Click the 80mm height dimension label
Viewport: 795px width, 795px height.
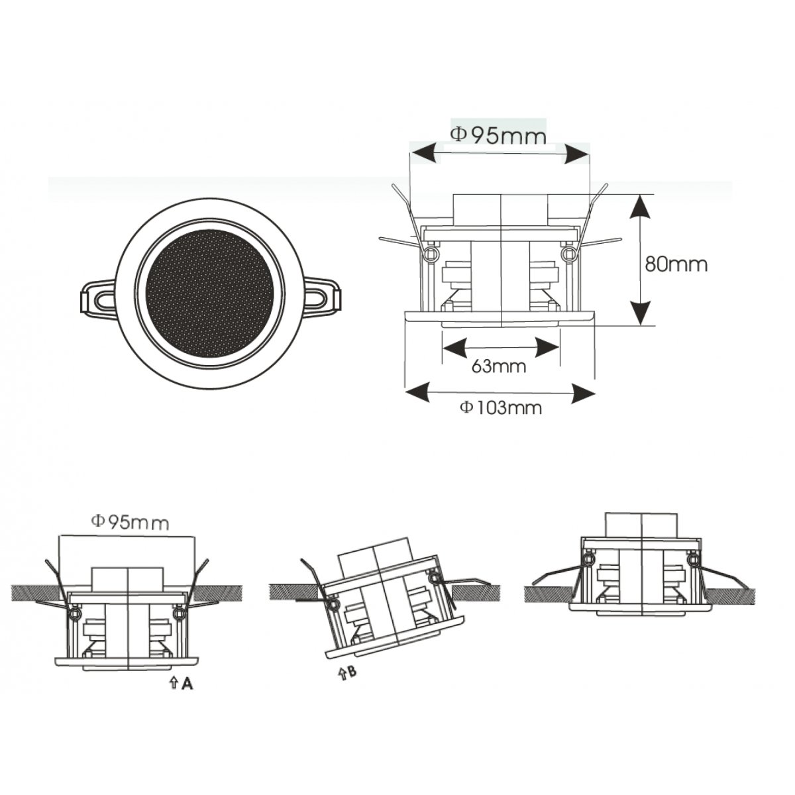(676, 264)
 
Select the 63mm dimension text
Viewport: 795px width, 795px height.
(499, 366)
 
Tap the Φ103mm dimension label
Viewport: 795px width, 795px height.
(500, 407)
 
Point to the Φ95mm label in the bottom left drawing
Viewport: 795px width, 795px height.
(130, 523)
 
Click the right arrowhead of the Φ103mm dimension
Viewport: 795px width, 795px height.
(583, 393)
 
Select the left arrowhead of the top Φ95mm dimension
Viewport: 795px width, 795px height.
(422, 152)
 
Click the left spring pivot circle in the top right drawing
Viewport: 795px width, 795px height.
(431, 252)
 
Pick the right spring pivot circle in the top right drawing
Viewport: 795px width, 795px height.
(569, 252)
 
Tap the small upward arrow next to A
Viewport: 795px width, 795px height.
(174, 684)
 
